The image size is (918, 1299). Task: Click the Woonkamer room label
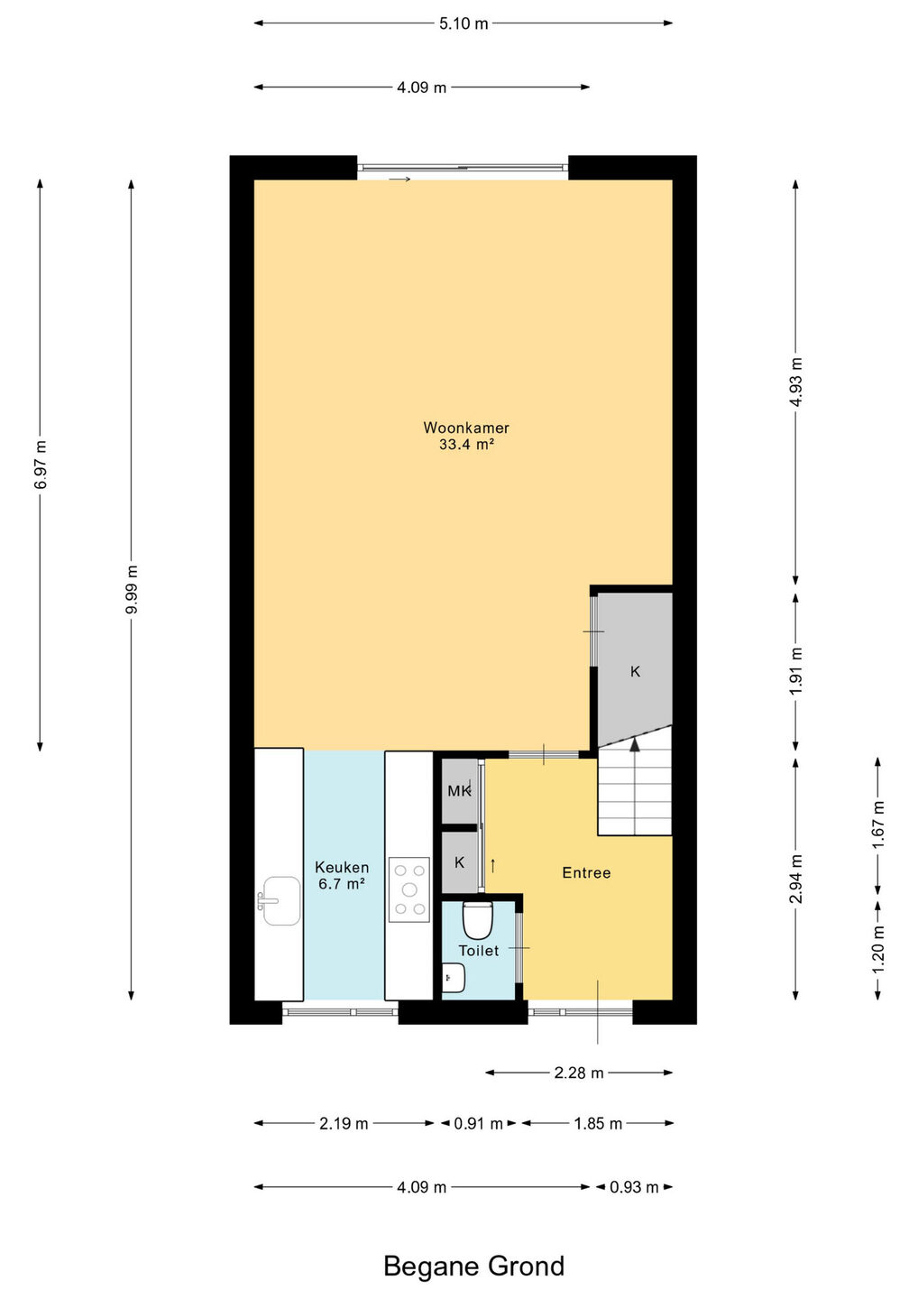click(466, 428)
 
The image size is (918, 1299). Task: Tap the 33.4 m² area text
click(466, 445)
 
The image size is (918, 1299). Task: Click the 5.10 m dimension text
click(464, 23)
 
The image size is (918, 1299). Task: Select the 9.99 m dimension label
click(133, 589)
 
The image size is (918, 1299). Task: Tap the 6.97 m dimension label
click(41, 465)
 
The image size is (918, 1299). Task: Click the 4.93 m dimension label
click(796, 382)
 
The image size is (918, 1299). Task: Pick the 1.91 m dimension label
click(796, 671)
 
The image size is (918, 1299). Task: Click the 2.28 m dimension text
click(579, 1073)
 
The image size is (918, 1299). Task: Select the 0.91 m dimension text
click(478, 1124)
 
